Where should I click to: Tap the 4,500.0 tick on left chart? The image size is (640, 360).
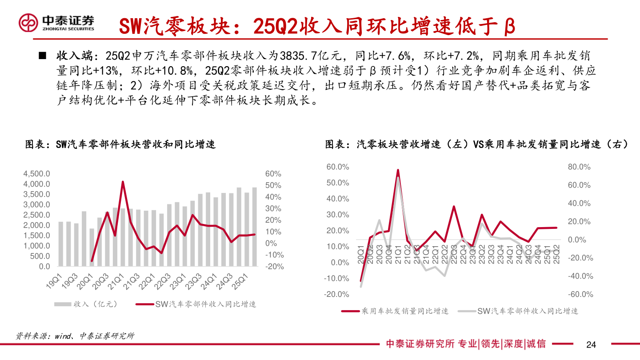click(37, 174)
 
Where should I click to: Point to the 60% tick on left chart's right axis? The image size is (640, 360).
click(273, 174)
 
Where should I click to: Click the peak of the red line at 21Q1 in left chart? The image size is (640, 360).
click(123, 182)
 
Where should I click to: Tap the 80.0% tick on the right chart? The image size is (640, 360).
click(579, 167)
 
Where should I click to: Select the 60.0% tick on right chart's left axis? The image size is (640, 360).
click(338, 167)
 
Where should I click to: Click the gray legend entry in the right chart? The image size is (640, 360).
click(528, 311)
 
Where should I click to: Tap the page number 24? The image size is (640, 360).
click(591, 345)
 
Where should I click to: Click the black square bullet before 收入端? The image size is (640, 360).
click(43, 56)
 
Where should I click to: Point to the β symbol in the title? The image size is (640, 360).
click(510, 27)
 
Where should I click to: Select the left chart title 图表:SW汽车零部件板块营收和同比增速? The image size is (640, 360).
click(120, 144)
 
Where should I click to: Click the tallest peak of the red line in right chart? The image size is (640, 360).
click(398, 170)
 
